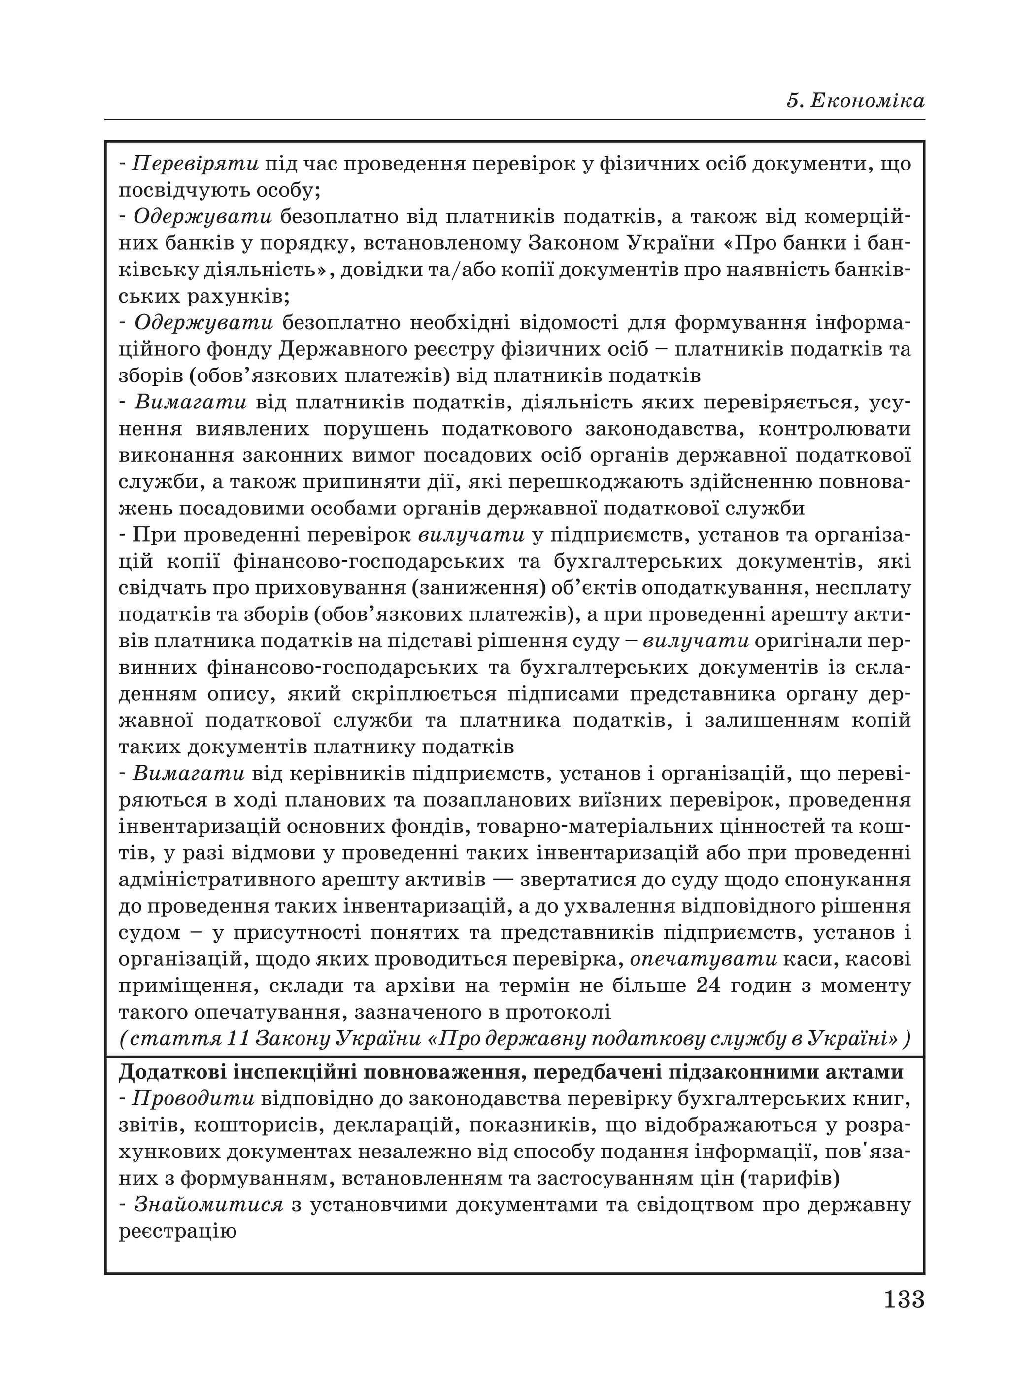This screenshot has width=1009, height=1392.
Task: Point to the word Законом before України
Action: [574, 243]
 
